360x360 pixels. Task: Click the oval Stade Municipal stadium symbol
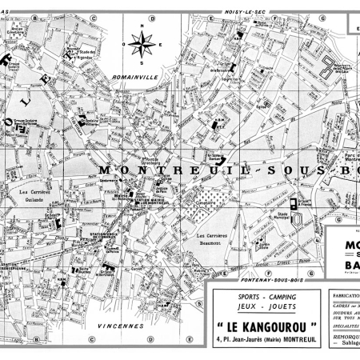[x=297, y=218]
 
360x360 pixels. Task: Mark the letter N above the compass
[x=142, y=25]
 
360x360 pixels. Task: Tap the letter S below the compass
[x=142, y=62]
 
